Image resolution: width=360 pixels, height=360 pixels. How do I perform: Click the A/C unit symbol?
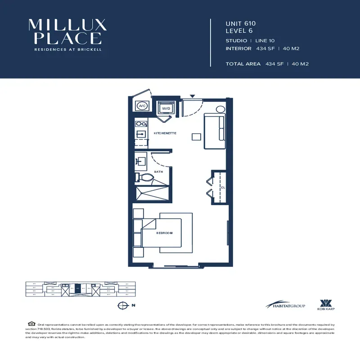click(142, 106)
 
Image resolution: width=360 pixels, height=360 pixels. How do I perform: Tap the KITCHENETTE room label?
click(165, 133)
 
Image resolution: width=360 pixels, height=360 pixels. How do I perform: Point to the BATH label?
click(158, 171)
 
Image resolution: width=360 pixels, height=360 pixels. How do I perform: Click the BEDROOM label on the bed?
click(164, 233)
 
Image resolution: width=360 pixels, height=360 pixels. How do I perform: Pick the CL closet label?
click(222, 187)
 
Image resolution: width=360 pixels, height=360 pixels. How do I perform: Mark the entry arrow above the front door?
click(193, 96)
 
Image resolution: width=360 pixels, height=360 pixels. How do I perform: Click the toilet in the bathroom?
click(144, 178)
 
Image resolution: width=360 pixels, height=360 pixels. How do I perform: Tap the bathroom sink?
click(140, 161)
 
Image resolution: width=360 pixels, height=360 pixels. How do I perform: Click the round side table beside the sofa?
click(220, 109)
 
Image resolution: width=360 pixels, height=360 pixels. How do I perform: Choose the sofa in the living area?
click(215, 131)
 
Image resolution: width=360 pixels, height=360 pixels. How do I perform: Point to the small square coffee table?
click(195, 136)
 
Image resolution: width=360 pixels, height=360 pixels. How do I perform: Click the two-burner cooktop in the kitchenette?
click(140, 123)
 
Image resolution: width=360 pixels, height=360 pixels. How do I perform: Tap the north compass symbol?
click(121, 306)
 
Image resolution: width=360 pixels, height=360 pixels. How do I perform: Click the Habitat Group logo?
click(285, 305)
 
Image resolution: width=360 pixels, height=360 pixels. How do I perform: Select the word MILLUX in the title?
click(67, 25)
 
